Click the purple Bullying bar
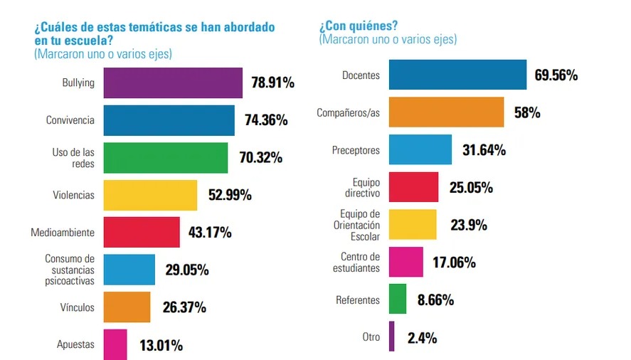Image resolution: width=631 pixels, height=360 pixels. [x=173, y=83]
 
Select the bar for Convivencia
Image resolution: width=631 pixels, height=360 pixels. [x=169, y=120]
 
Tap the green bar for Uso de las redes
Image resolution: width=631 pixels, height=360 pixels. [x=166, y=157]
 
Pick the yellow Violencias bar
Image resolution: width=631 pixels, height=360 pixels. [x=150, y=195]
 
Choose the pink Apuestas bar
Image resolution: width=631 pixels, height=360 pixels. [x=115, y=344]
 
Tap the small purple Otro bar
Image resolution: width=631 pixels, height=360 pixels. [x=391, y=337]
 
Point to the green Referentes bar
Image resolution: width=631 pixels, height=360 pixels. [x=398, y=299]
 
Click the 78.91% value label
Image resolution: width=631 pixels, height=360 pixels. [x=272, y=83]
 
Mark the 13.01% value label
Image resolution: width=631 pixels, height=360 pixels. [x=161, y=346]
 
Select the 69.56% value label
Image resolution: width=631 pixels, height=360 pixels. [x=556, y=75]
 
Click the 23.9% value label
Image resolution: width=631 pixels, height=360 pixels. [x=469, y=225]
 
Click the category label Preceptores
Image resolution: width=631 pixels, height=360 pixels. [x=356, y=150]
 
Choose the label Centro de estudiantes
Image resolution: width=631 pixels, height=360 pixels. [x=360, y=263]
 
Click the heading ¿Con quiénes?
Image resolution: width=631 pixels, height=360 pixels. [x=359, y=27]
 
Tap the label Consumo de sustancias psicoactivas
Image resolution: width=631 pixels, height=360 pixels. [x=70, y=270]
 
